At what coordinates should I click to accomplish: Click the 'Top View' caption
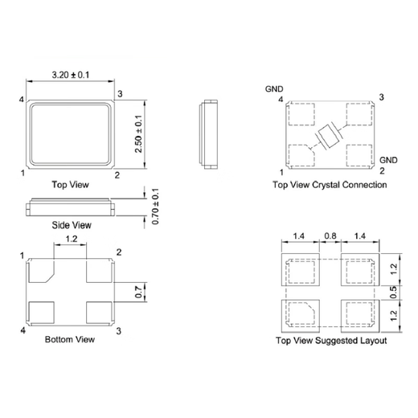(70, 184)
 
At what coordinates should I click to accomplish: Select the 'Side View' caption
(72, 224)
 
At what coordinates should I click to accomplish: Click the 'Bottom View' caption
(70, 339)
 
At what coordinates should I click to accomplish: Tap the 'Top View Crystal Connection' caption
(330, 185)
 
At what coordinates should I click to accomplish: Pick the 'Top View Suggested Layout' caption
(330, 341)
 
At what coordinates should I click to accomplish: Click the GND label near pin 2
(388, 160)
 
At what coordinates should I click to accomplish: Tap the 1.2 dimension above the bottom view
(71, 240)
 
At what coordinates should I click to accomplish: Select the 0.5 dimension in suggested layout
(393, 293)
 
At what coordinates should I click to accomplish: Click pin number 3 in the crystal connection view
(381, 97)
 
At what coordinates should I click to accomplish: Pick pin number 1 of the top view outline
(23, 173)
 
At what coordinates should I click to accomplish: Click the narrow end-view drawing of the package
(207, 133)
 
